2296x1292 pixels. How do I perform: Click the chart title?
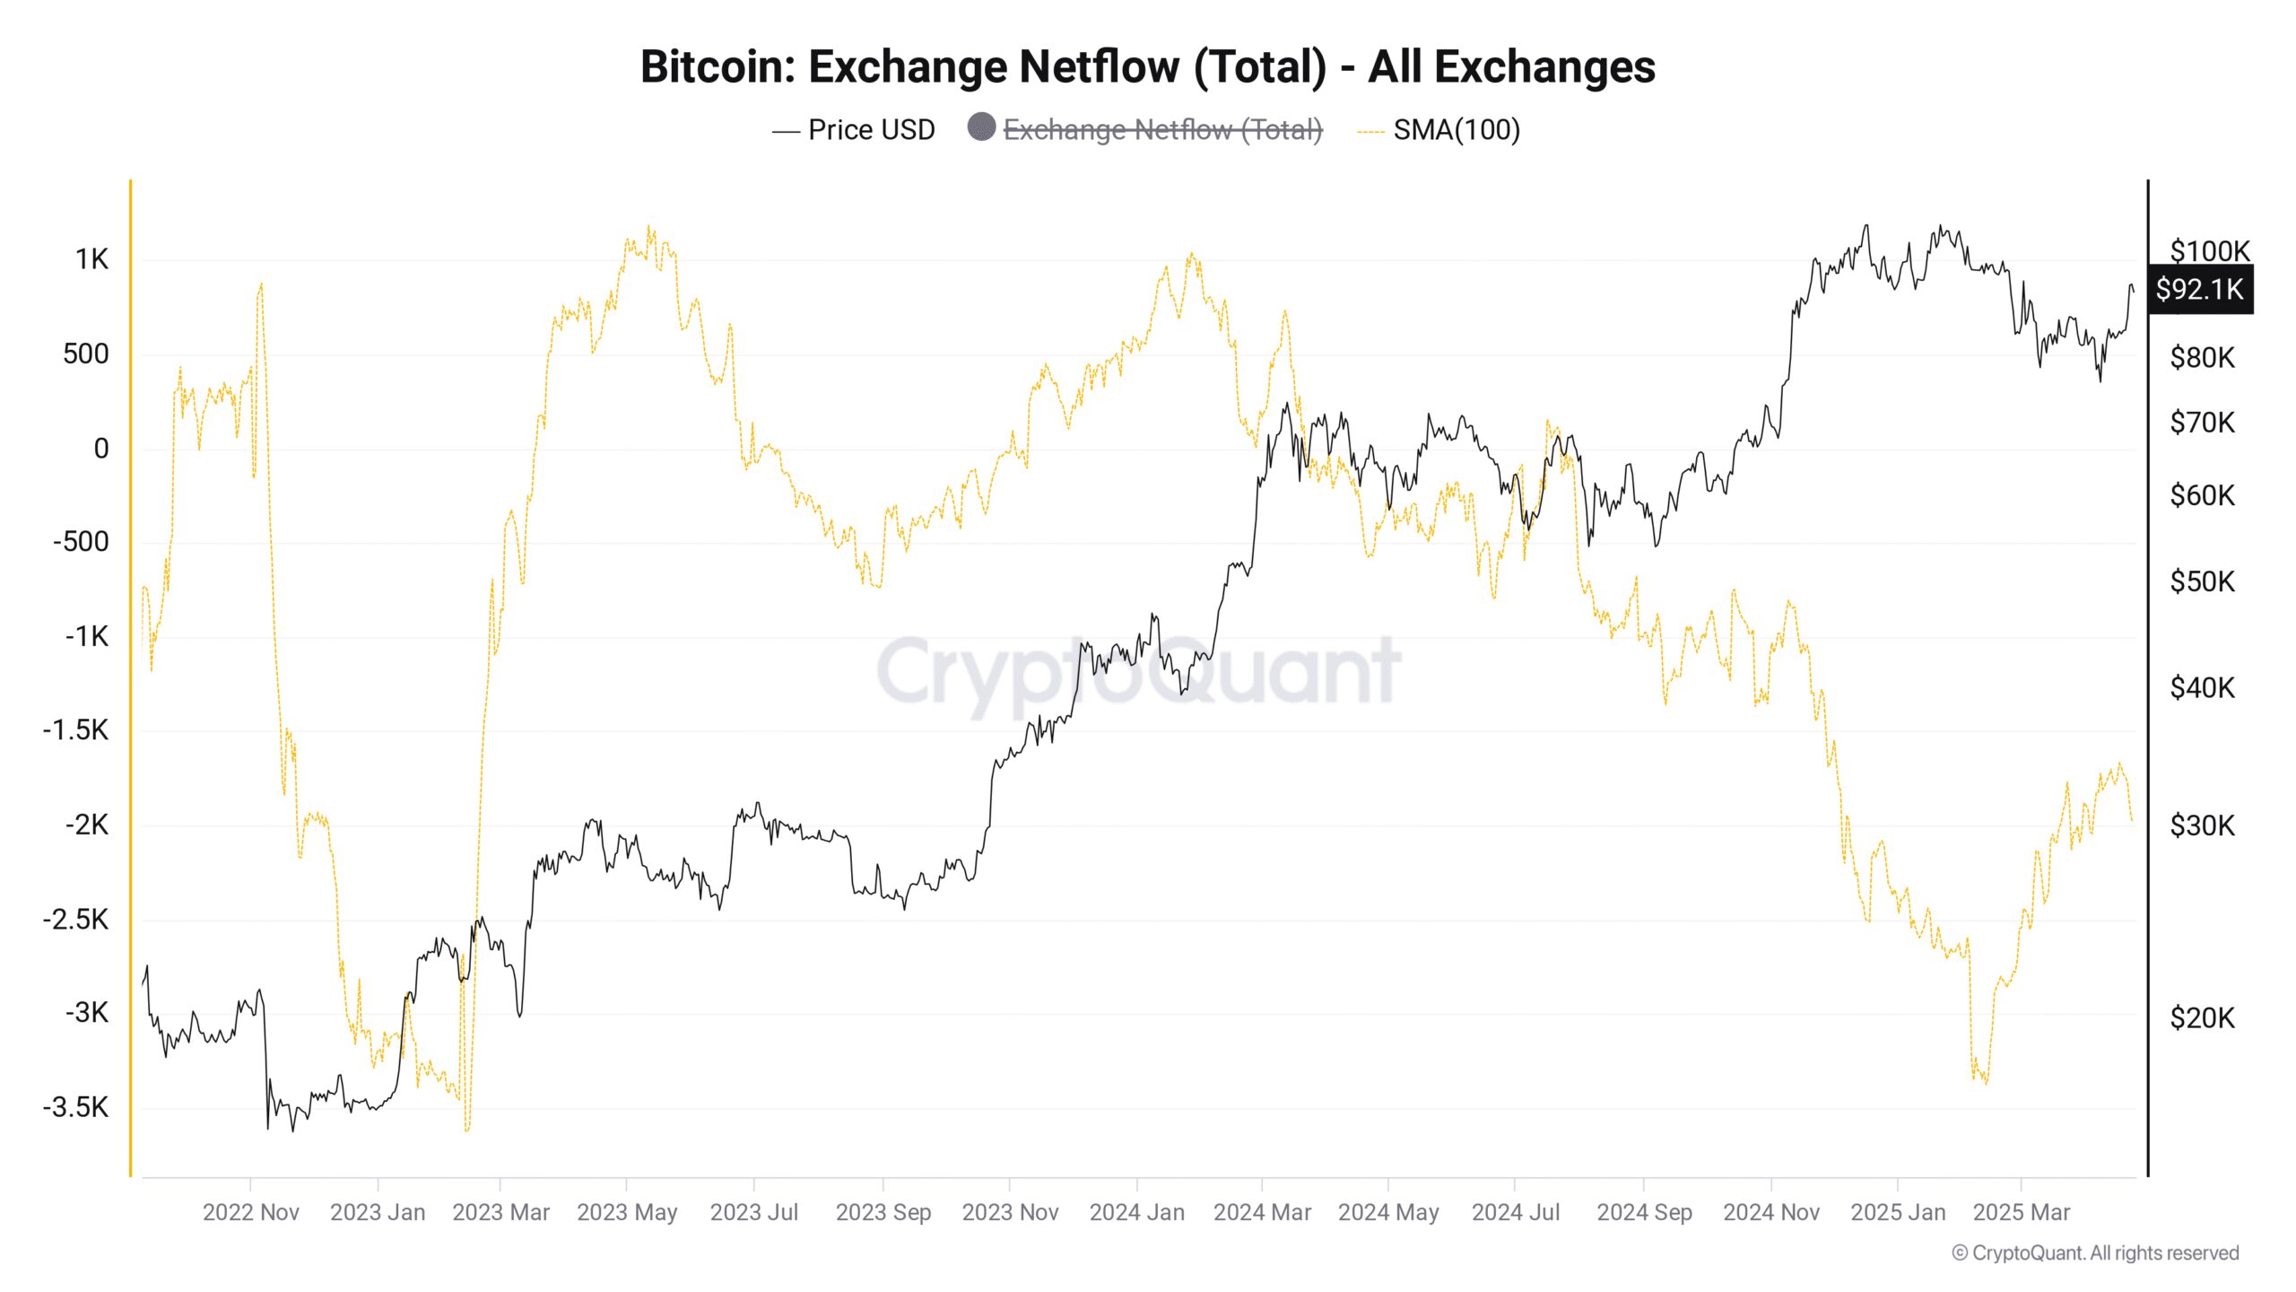(x=1147, y=66)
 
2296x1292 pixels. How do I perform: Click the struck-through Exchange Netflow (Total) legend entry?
(x=1162, y=130)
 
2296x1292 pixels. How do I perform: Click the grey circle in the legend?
(x=981, y=127)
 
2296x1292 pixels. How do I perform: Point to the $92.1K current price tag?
(x=2199, y=289)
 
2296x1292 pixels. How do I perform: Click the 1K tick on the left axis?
(x=91, y=260)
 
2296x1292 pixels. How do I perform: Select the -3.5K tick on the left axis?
(x=76, y=1107)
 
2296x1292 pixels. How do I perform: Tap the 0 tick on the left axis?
(x=101, y=449)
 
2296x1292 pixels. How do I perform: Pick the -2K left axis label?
(x=87, y=825)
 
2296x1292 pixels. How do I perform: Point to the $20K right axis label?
(x=2202, y=1018)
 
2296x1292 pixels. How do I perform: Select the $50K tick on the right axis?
(x=2202, y=582)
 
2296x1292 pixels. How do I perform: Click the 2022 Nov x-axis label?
(x=250, y=1212)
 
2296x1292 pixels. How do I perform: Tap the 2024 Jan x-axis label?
(x=1136, y=1212)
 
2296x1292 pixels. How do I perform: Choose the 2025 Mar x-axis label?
(x=2021, y=1212)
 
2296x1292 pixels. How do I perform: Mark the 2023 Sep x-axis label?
(x=883, y=1212)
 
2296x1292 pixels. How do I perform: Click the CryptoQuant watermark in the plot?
(x=1138, y=671)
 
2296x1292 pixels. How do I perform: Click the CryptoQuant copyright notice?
(x=2095, y=1253)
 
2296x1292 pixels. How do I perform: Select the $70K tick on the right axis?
(x=2202, y=423)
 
